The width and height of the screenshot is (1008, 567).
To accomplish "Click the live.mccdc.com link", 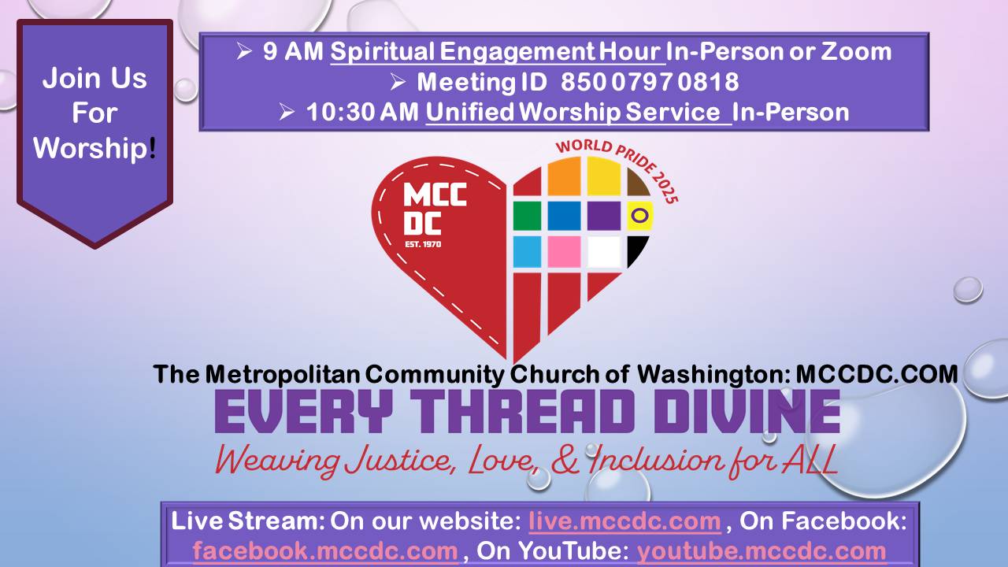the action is click(x=625, y=521).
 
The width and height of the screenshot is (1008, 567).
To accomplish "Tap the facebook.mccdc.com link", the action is click(x=325, y=550).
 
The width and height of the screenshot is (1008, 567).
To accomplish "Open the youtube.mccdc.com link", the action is click(x=762, y=550).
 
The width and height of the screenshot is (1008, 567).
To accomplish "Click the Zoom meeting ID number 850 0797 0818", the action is click(x=650, y=82).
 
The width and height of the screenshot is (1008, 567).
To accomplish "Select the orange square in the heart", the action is click(x=564, y=176).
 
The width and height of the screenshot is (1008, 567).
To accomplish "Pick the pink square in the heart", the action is click(x=564, y=252).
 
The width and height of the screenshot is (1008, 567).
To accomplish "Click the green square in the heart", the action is click(x=527, y=216).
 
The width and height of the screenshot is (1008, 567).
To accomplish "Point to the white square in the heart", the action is click(x=604, y=252).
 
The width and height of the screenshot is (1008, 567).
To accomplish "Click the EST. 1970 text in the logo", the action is click(x=423, y=244).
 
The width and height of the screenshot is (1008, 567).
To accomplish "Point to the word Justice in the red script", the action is click(x=398, y=460).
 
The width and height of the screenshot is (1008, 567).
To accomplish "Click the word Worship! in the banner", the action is click(x=95, y=147).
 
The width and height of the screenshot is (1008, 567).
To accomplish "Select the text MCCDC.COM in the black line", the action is click(x=876, y=374).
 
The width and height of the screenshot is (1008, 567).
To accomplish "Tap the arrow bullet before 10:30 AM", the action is click(x=287, y=112).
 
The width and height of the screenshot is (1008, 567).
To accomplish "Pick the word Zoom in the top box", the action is click(x=856, y=51).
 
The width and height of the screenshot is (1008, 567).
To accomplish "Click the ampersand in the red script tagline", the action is click(x=565, y=460).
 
